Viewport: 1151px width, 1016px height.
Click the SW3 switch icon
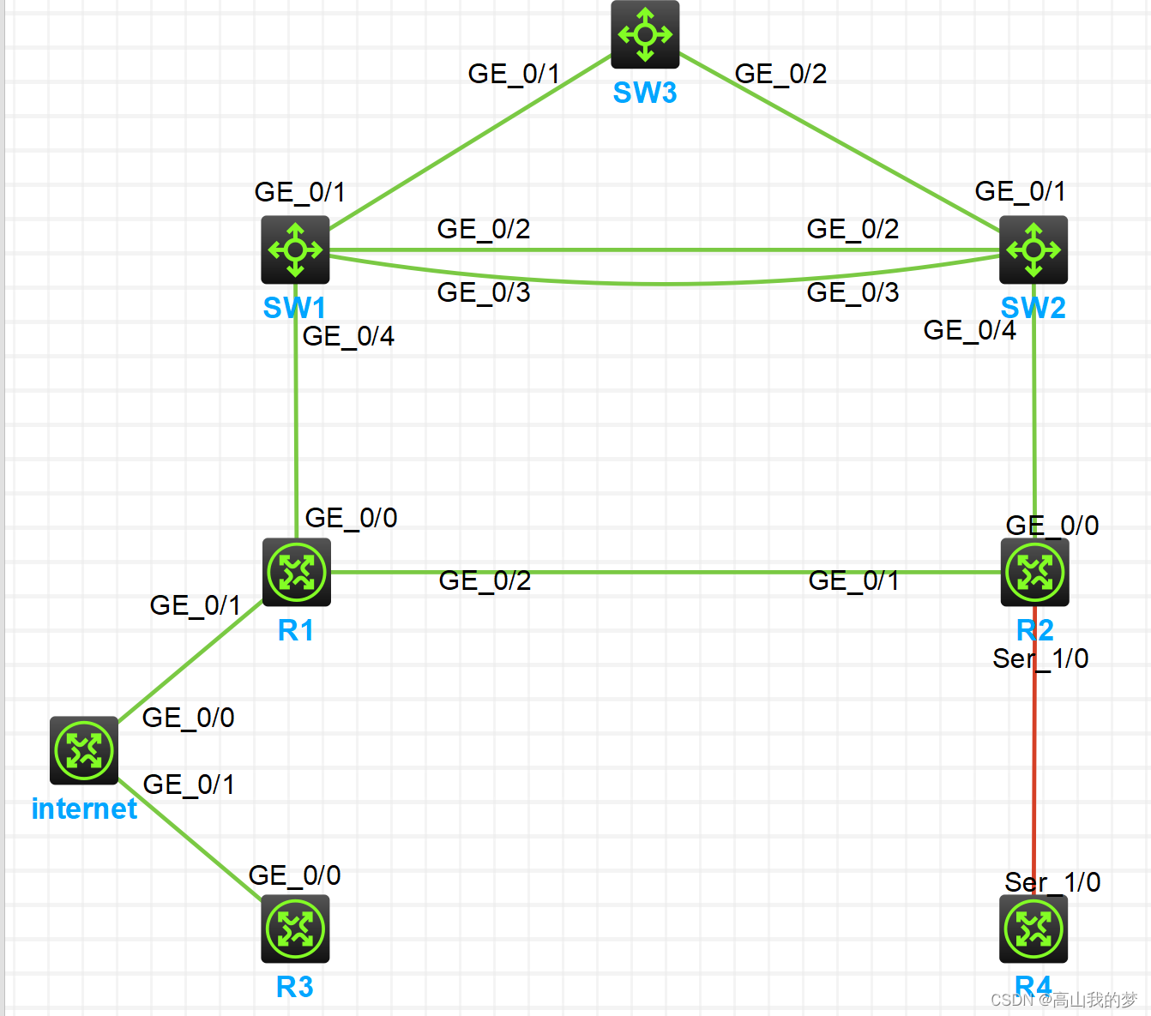[x=645, y=34]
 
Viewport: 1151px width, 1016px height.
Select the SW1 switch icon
[x=295, y=249]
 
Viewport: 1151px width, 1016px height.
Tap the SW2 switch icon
[x=1033, y=249]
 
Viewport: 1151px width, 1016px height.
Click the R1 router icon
[x=297, y=572]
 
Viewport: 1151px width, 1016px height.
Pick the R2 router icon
[x=1034, y=572]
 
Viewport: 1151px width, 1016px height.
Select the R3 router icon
[x=295, y=929]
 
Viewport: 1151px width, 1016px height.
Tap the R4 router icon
[x=1033, y=929]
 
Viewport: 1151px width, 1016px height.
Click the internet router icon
[x=84, y=750]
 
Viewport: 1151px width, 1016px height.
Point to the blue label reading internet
[x=84, y=809]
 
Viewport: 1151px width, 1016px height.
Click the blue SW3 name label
[x=645, y=93]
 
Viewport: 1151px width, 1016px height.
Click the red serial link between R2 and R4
[x=1034, y=772]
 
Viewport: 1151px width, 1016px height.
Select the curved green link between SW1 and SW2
[x=665, y=283]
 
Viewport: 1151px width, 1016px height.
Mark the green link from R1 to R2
[x=665, y=572]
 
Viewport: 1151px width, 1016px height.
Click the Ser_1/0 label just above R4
[x=1052, y=882]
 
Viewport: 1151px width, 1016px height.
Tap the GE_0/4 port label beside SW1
[x=348, y=336]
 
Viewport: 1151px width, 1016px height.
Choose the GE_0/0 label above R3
[x=294, y=875]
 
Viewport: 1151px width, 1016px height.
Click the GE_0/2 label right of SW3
[x=780, y=74]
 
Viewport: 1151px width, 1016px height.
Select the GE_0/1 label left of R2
[x=853, y=581]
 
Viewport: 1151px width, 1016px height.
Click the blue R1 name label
[x=296, y=631]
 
